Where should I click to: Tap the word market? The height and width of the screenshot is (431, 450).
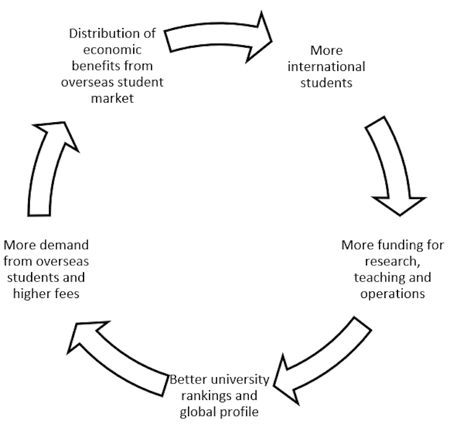point(112,98)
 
